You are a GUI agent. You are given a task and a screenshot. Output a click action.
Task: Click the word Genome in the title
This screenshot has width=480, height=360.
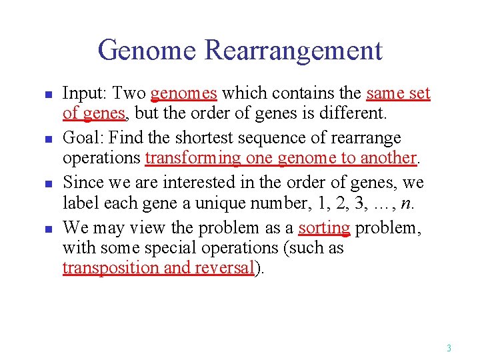click(147, 51)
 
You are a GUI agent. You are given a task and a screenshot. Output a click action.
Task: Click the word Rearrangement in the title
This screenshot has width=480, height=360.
click(293, 51)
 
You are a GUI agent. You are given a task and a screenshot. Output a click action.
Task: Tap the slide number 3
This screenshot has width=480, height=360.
click(449, 348)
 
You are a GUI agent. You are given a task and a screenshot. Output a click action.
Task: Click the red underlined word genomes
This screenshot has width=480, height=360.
click(184, 94)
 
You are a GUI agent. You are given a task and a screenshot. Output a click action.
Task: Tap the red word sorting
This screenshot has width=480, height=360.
click(324, 227)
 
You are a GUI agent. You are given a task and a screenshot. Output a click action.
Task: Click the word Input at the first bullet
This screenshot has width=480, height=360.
click(82, 94)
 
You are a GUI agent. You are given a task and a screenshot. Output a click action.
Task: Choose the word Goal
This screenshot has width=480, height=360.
click(81, 138)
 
